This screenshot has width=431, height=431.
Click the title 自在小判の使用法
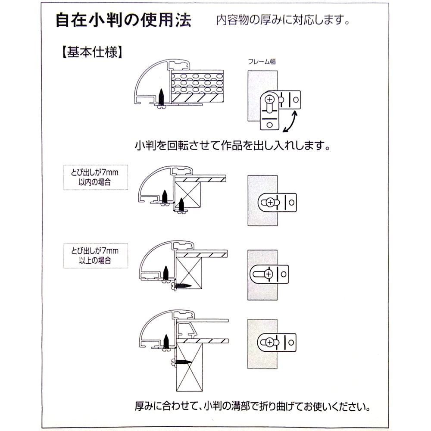point(123,21)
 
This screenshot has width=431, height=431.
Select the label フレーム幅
point(262,62)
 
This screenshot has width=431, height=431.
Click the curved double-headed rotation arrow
point(289,122)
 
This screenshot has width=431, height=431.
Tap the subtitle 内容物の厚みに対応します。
point(282,20)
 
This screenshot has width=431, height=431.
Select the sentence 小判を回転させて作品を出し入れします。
point(233,145)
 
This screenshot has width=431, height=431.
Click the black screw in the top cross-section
point(161,97)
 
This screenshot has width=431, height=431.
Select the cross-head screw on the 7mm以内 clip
point(270,202)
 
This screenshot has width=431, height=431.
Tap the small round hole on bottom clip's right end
point(292,343)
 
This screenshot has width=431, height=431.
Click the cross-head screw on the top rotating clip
point(270,98)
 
